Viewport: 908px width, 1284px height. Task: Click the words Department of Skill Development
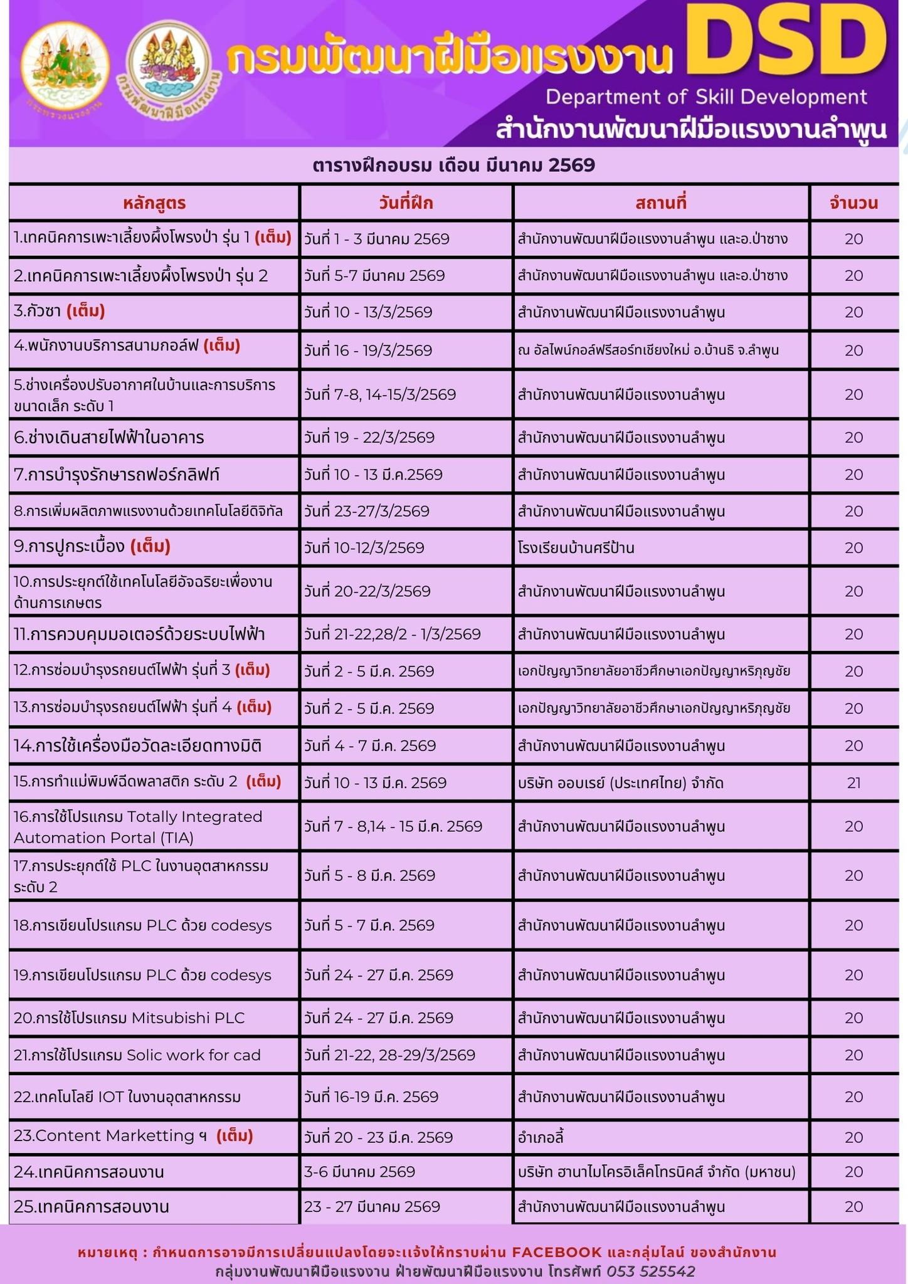coord(706,97)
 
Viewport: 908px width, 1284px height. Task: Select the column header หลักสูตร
coord(154,203)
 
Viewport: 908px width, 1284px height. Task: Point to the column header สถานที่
coord(661,203)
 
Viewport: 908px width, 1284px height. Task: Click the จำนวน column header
coord(853,203)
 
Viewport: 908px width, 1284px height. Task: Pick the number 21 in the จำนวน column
coord(853,782)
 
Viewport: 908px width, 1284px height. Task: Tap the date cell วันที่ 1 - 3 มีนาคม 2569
coord(377,239)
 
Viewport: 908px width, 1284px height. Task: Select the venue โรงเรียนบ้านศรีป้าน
coord(576,548)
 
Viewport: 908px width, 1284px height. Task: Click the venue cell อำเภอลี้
coord(541,1137)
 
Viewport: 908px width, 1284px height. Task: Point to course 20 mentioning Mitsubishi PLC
coord(129,1018)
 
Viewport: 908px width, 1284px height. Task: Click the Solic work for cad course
coord(137,1055)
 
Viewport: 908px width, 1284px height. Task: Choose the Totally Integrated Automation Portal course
coord(138,826)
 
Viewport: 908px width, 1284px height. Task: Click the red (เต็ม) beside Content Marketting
coord(235,1136)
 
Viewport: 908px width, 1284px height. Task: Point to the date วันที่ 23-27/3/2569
coord(367,511)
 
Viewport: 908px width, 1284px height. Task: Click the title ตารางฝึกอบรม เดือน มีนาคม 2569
coord(453,166)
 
